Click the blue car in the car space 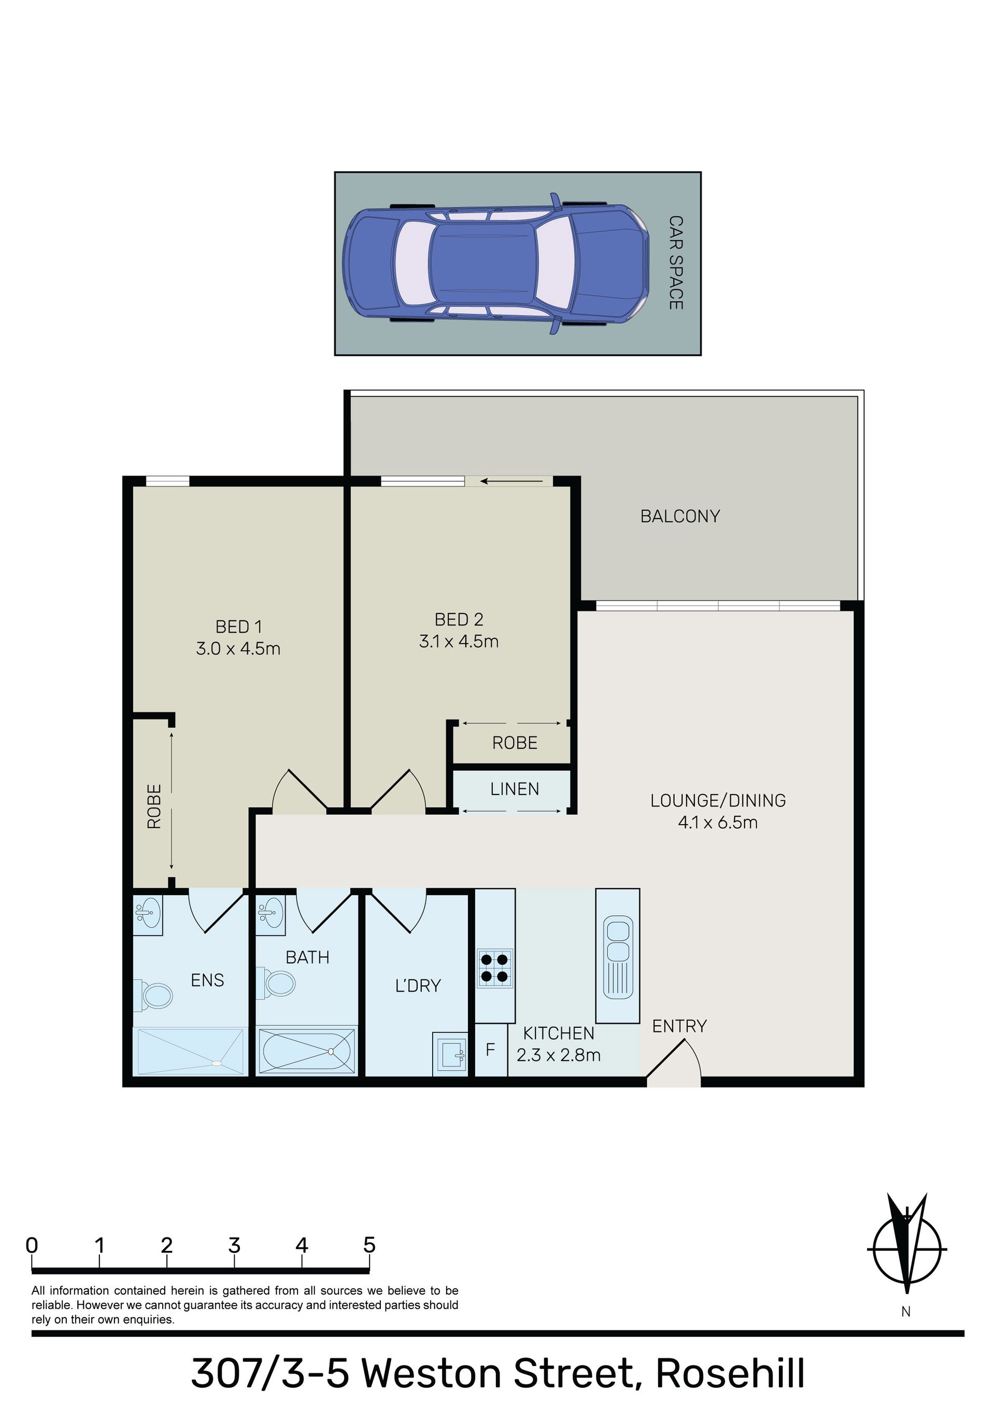495,264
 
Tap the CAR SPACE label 675,262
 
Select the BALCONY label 680,516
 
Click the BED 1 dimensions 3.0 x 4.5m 238,648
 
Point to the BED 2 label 459,619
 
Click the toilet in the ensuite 154,995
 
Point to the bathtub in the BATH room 306,1051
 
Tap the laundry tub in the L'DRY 450,1054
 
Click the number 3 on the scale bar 234,1245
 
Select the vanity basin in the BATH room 271,913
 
